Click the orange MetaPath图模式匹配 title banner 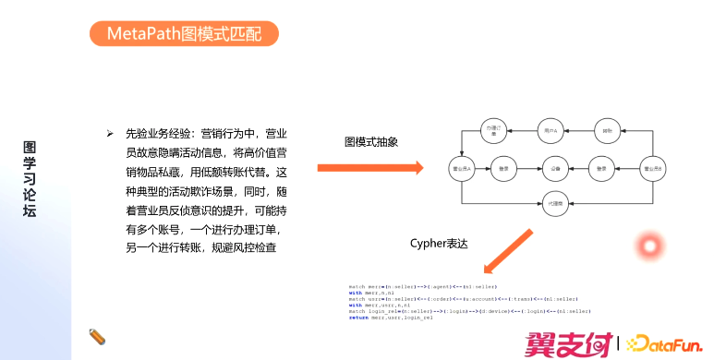pos(185,35)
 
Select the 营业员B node pos(653,170)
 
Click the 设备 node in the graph pos(556,170)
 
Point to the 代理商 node pos(557,204)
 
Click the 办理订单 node pos(494,131)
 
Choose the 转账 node pos(607,131)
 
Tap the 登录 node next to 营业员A pos(504,170)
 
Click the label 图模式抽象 pos(370,141)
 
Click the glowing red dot pos(650,246)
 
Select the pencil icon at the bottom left pos(96,335)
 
